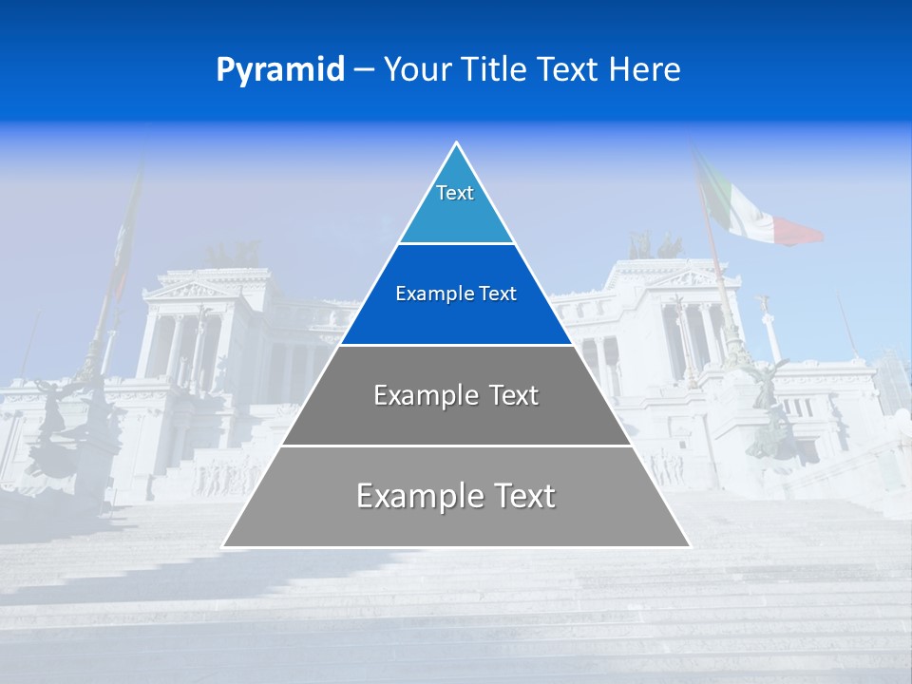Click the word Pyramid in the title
[280, 69]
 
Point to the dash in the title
[364, 70]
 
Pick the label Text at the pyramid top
[455, 193]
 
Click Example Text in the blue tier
[456, 294]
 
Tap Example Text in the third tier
[456, 395]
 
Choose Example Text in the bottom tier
[456, 496]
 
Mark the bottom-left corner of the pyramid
[224, 546]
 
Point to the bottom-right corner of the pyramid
[689, 546]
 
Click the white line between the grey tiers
[456, 446]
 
